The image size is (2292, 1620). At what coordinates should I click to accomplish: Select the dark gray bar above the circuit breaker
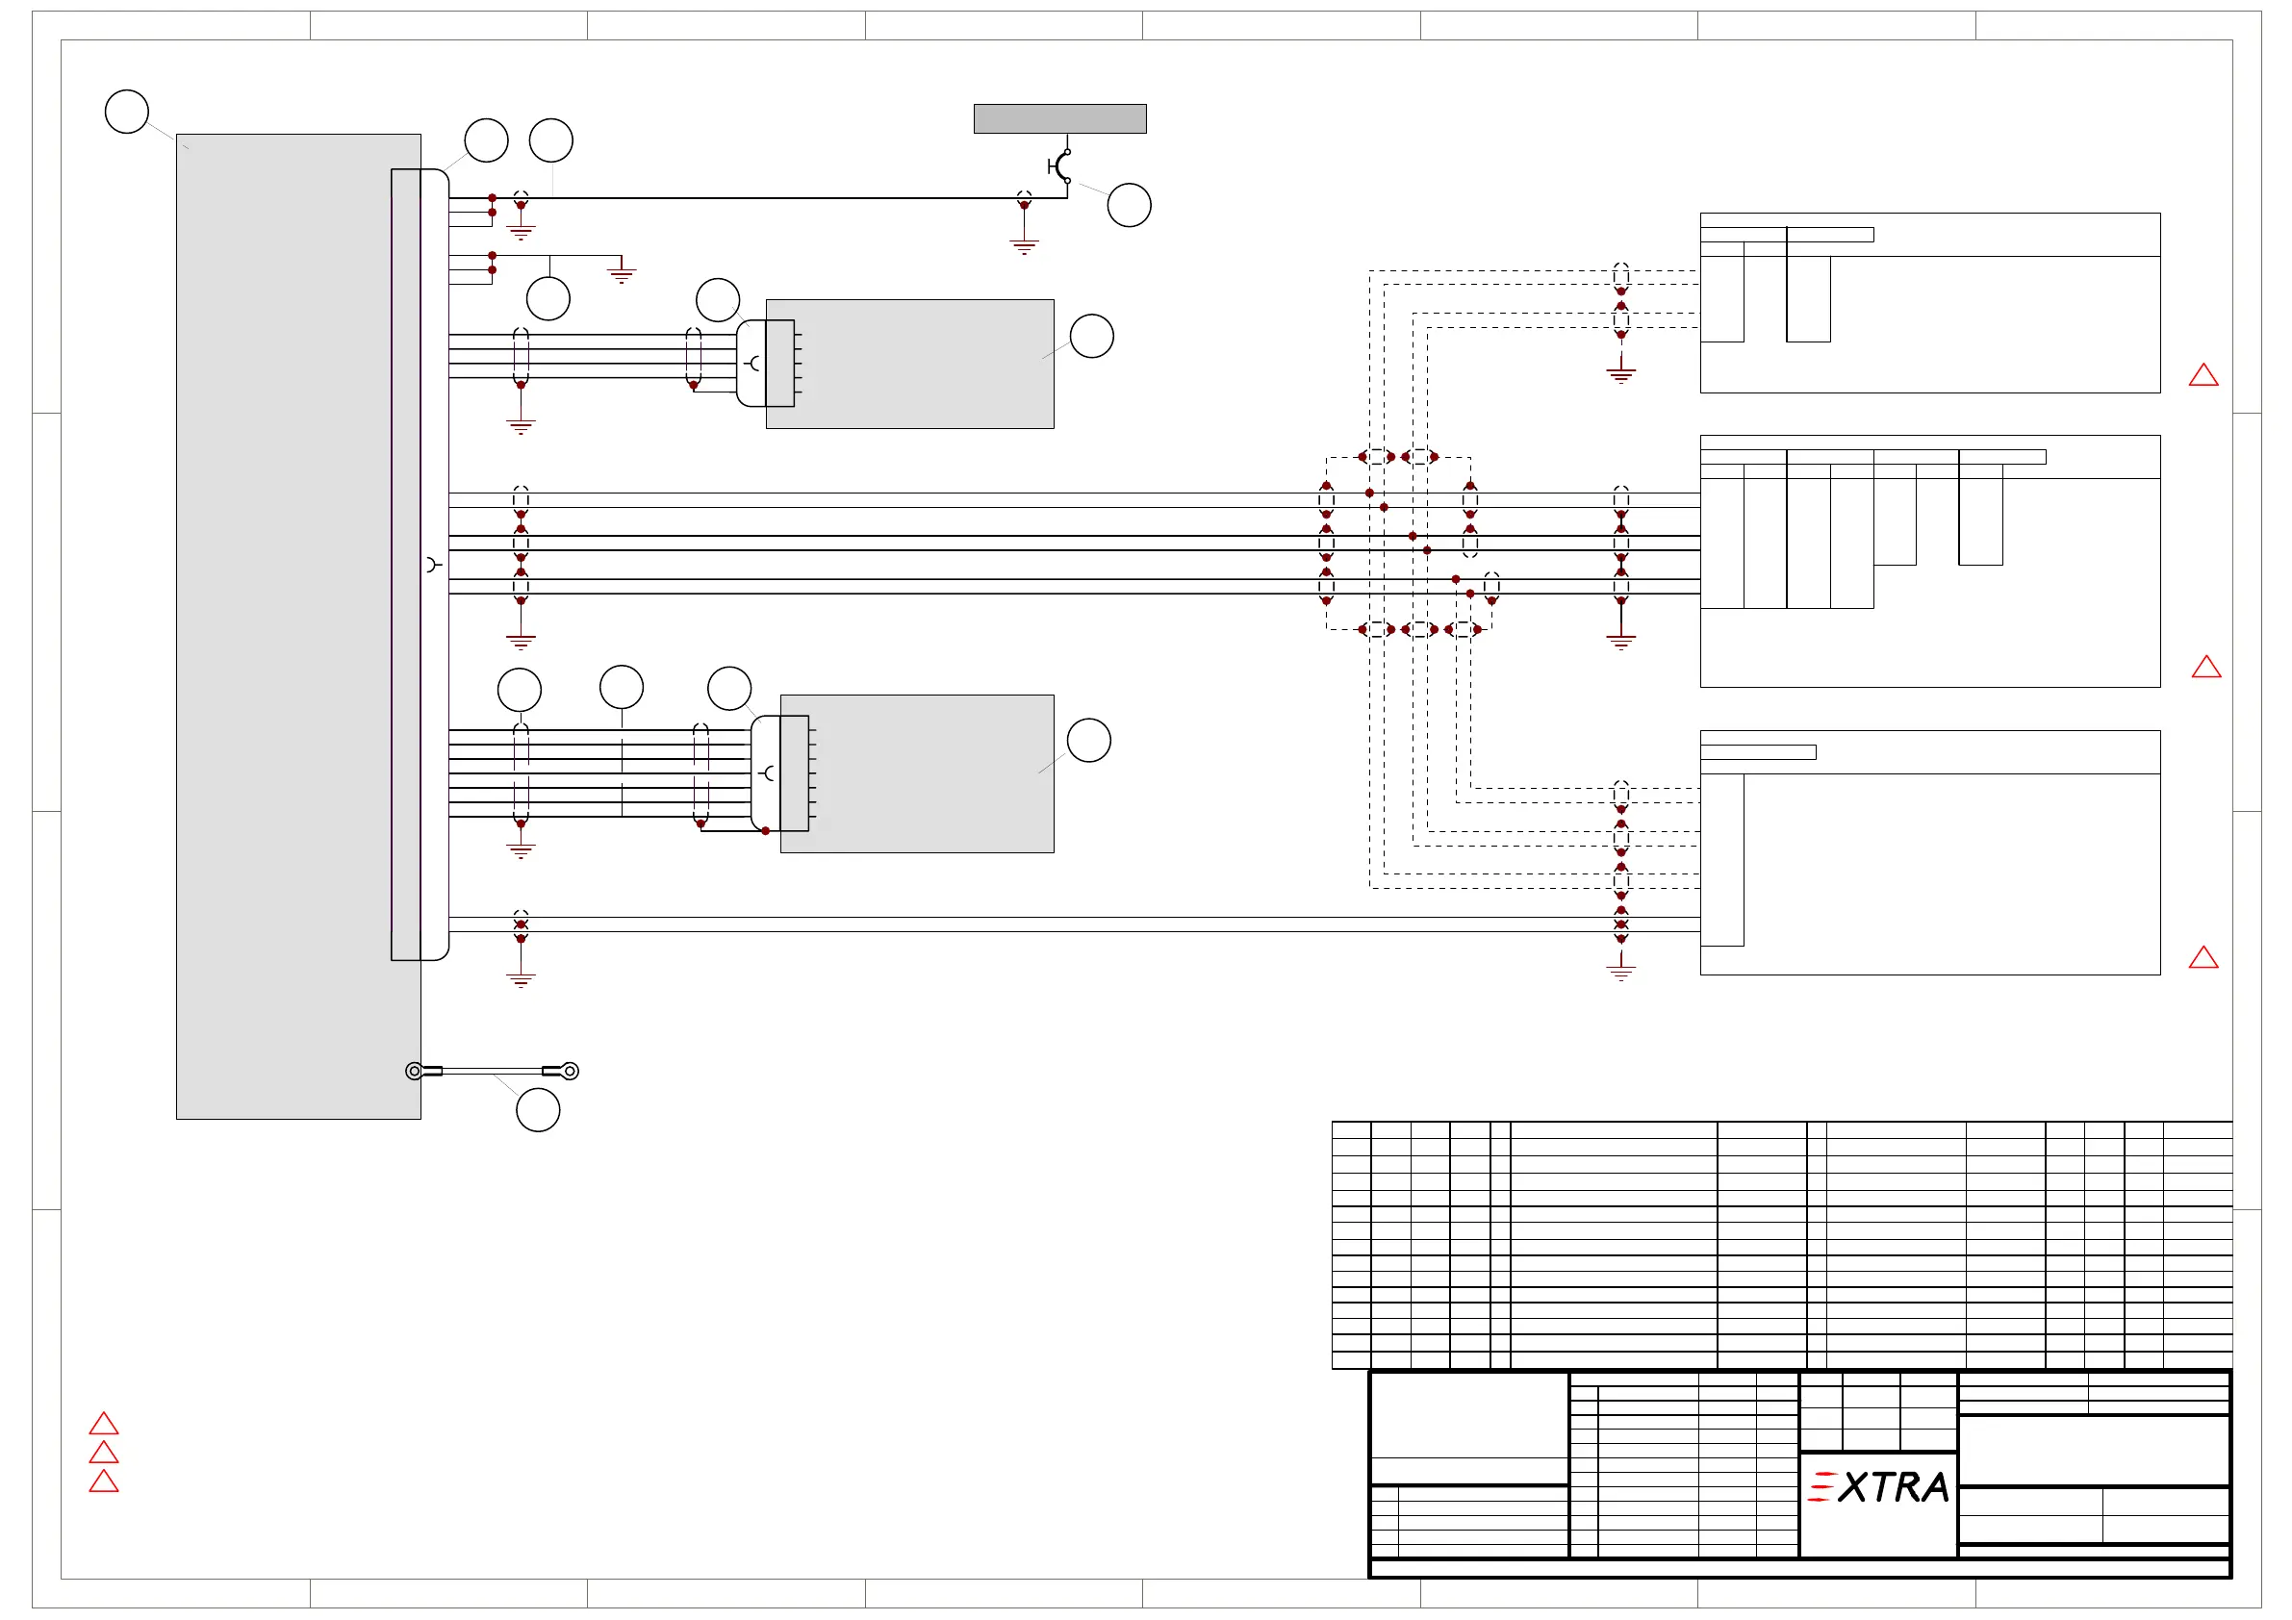pos(1059,118)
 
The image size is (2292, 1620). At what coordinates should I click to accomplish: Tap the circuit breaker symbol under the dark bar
pos(1061,165)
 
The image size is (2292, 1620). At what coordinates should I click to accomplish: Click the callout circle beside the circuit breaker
pos(1129,206)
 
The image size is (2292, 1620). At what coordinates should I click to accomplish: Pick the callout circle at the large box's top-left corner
pos(127,112)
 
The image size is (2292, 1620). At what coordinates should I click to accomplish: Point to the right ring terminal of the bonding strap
pos(569,1071)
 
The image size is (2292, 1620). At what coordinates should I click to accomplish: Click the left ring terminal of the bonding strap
pos(415,1071)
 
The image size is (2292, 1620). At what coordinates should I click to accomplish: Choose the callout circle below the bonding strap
pos(538,1110)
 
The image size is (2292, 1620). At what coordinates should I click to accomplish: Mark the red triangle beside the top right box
pos(2203,375)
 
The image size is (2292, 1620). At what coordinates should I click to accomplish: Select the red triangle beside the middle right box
pos(2206,667)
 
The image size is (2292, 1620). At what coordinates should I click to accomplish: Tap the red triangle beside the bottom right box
pos(2203,958)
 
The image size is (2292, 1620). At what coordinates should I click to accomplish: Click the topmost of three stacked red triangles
pos(104,1425)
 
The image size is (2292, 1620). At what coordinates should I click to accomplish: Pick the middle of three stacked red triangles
pos(104,1454)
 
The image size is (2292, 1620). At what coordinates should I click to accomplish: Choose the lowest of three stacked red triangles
pos(104,1481)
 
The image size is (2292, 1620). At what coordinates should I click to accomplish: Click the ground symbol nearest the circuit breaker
pos(1024,244)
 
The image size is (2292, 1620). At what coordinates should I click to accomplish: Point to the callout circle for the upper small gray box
pos(1092,337)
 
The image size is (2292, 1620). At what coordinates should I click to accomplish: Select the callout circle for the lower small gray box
pos(1089,741)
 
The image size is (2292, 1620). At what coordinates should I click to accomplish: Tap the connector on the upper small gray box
pos(767,364)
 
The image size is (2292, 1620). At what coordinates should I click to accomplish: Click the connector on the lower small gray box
pos(780,772)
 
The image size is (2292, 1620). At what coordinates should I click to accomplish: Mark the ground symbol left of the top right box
pos(1621,374)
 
